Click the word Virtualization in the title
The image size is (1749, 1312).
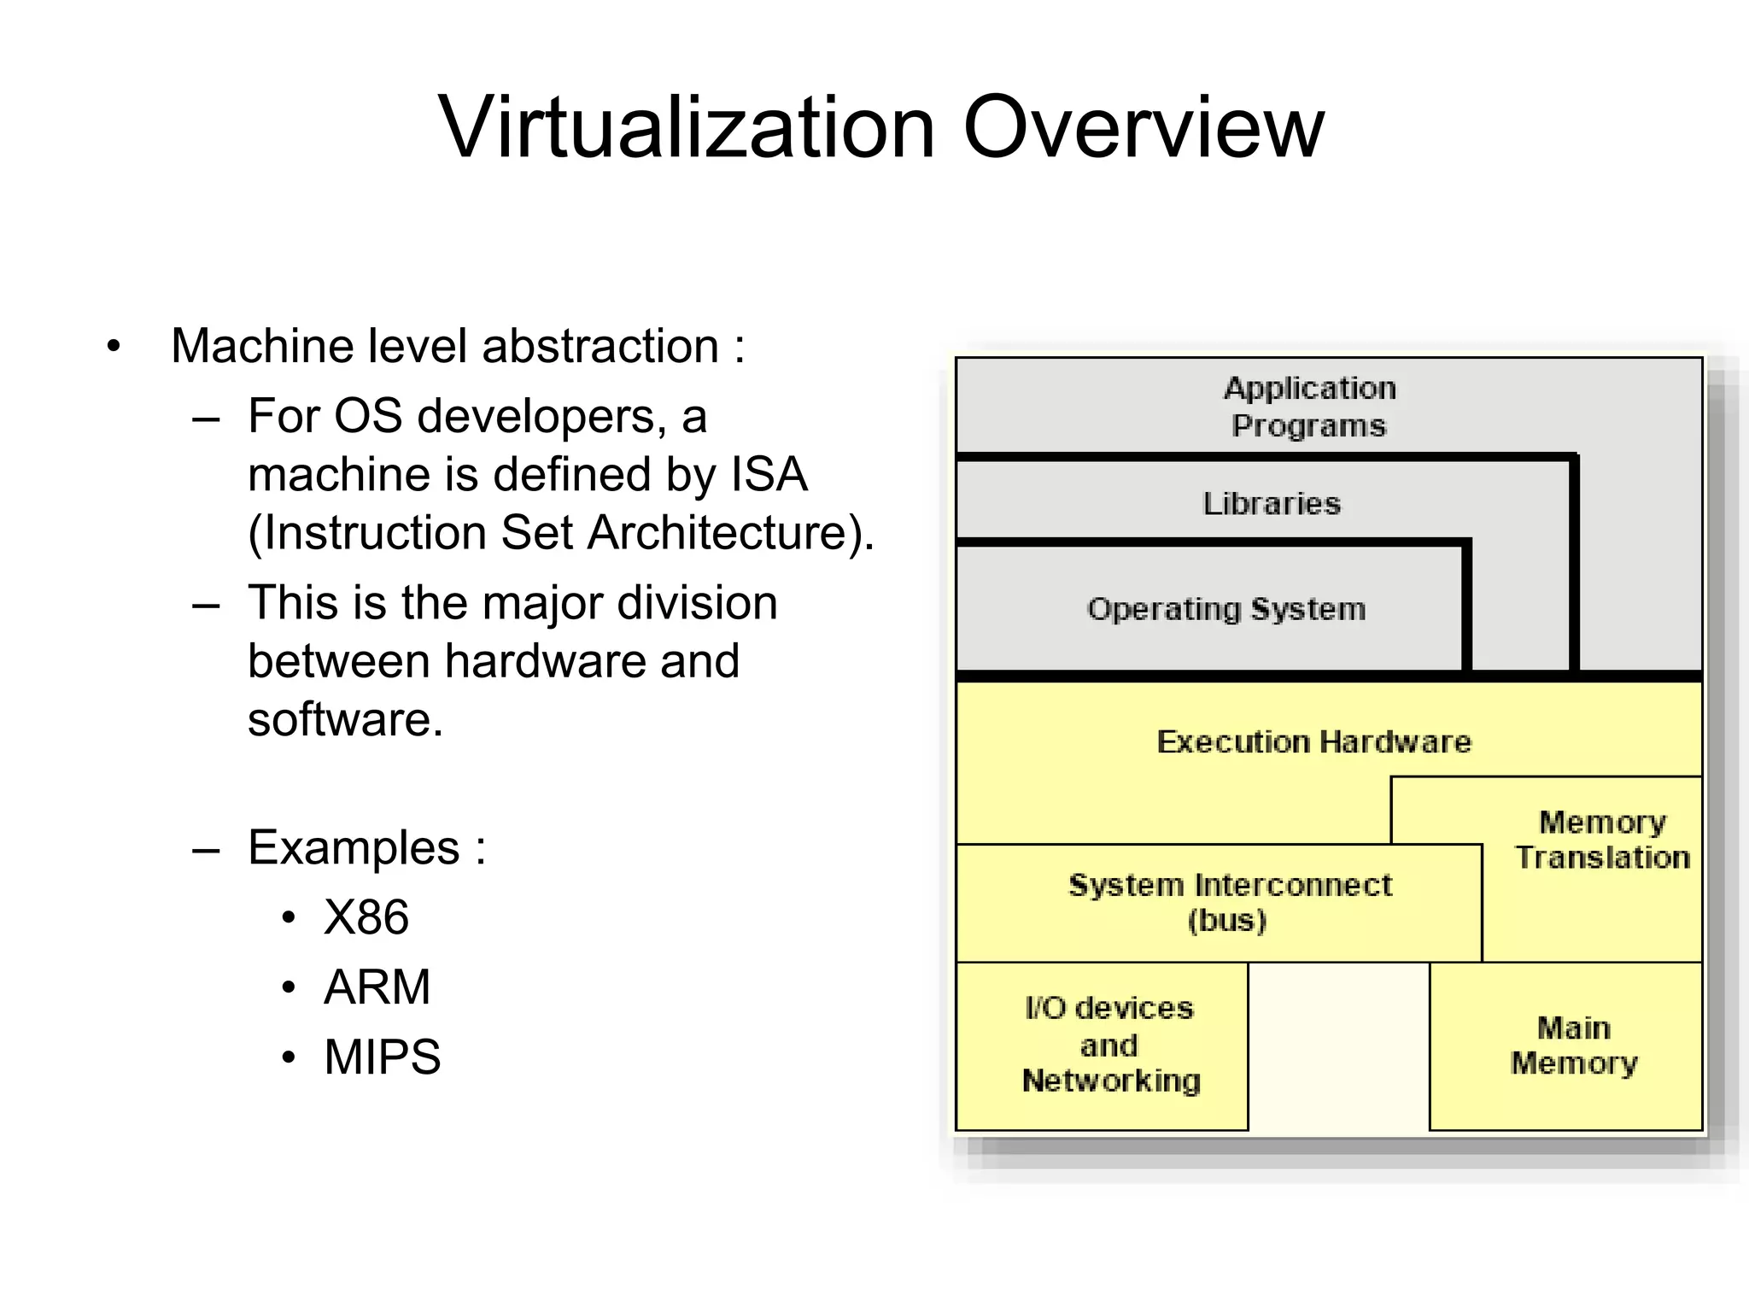click(687, 128)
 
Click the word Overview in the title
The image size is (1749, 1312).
click(1144, 128)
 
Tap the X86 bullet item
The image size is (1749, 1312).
click(366, 917)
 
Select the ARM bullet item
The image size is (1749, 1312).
click(377, 987)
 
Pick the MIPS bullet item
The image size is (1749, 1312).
click(382, 1057)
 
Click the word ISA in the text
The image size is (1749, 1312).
click(769, 474)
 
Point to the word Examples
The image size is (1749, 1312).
click(354, 848)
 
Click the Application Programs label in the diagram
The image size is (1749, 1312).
click(1309, 407)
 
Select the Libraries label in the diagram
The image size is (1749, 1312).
click(1271, 504)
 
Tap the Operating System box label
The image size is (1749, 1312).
click(1226, 609)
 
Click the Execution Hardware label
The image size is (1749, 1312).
click(1313, 741)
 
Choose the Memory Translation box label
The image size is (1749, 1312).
click(1601, 840)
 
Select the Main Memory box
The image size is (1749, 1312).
click(1573, 1045)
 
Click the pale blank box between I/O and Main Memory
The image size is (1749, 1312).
click(1338, 1045)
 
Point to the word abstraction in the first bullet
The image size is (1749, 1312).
click(600, 346)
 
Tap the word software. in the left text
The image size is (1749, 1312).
click(345, 719)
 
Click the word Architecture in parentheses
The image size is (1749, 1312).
click(724, 533)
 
